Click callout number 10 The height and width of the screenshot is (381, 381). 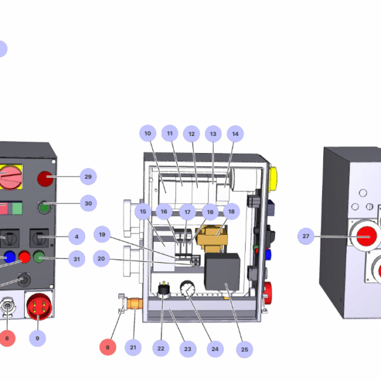point(147,134)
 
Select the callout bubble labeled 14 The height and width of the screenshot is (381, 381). point(235,134)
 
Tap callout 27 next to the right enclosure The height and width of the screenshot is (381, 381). point(306,236)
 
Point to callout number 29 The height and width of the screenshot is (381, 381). point(88,176)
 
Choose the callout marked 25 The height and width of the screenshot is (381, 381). point(244,349)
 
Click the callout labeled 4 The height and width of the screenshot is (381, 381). point(76,237)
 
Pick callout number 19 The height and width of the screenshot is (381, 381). point(102,234)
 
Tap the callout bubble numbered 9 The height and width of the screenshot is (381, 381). point(37,338)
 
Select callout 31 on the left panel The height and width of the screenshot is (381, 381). point(76,258)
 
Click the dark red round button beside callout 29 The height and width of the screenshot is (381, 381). point(46,178)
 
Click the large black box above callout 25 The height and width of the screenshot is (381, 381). point(222,271)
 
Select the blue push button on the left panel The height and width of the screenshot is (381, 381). point(10,257)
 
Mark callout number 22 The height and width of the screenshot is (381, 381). point(161,347)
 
